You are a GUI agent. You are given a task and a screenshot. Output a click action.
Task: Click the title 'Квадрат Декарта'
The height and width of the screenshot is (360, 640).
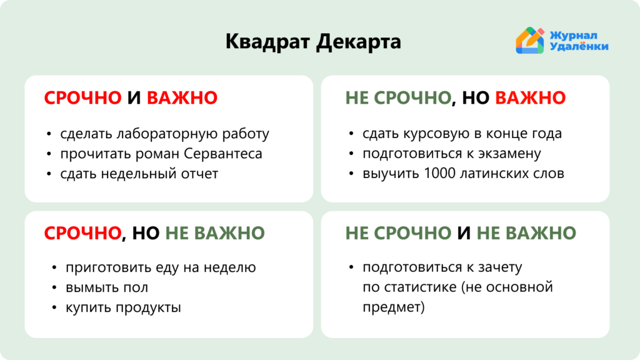(x=313, y=42)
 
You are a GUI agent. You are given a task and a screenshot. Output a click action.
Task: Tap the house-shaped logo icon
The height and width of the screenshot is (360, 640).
(x=530, y=41)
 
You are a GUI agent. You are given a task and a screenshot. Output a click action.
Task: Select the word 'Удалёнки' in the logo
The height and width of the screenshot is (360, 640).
(x=579, y=46)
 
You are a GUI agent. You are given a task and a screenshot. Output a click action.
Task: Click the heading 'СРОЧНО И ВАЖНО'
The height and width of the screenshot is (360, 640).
(x=131, y=97)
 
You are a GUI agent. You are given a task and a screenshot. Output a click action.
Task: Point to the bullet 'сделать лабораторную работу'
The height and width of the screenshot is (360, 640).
(x=164, y=134)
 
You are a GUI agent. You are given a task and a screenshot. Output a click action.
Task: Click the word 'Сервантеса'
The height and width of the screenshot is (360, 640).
(x=223, y=154)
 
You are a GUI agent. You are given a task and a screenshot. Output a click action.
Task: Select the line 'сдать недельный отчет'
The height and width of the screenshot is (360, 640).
(x=139, y=174)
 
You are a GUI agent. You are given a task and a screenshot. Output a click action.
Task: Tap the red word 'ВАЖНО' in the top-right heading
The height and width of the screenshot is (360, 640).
(x=530, y=97)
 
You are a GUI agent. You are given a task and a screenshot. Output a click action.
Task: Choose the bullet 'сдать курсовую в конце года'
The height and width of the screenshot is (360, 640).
(x=462, y=134)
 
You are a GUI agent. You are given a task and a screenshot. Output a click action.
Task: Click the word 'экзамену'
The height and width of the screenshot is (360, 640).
(x=509, y=154)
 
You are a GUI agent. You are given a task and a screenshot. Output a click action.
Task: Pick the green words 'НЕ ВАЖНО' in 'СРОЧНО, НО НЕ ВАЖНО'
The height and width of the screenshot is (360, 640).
(x=215, y=233)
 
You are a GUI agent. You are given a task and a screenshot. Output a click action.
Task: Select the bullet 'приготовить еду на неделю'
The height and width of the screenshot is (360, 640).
(x=161, y=267)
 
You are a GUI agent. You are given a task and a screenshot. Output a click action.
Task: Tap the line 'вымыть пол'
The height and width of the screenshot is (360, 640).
(x=107, y=287)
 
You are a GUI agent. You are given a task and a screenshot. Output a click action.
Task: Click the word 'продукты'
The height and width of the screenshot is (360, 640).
(x=148, y=307)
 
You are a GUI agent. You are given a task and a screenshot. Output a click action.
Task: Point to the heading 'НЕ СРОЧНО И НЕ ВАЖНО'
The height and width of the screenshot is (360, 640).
(x=461, y=233)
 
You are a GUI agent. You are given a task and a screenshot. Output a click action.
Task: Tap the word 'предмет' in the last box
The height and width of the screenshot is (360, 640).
(x=391, y=307)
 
